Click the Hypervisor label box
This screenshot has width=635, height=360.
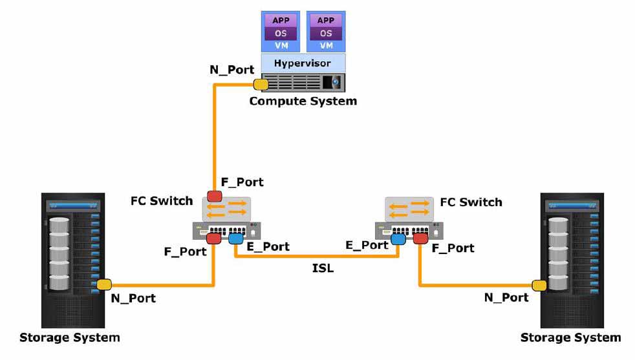(x=303, y=63)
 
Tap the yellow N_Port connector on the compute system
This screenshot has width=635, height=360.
(x=261, y=85)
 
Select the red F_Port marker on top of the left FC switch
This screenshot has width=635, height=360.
(x=214, y=196)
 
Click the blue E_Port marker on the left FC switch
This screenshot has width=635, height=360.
(x=235, y=238)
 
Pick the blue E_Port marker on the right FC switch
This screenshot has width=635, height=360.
(x=398, y=239)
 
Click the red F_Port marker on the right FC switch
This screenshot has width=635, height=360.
(x=420, y=238)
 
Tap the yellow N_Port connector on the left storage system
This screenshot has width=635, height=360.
(x=104, y=284)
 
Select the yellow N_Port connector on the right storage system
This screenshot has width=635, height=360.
(x=539, y=286)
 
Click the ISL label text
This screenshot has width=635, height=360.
(x=323, y=268)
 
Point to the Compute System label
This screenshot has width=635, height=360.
(x=303, y=101)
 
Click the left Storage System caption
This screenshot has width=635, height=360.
(x=70, y=337)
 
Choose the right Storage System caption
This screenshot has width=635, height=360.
(x=570, y=337)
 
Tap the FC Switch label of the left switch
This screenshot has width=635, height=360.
(x=162, y=201)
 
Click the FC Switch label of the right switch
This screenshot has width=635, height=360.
(x=471, y=202)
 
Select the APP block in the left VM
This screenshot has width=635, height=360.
(x=281, y=20)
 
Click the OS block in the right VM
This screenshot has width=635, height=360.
(x=326, y=33)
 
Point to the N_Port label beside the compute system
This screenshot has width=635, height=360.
(x=231, y=70)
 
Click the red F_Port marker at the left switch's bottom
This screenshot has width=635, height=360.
(x=213, y=238)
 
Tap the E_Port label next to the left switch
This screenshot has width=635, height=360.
(x=268, y=247)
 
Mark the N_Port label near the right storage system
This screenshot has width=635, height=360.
(x=506, y=298)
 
